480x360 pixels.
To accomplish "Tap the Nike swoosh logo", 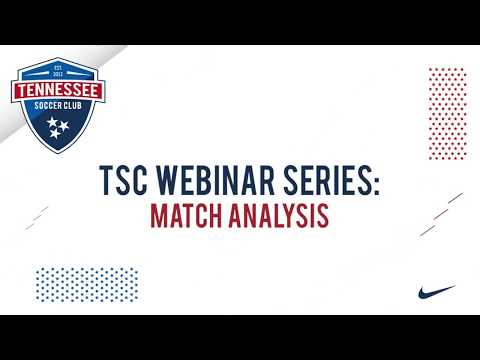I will coord(437,292).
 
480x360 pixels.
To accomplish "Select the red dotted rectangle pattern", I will coord(446,105).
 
